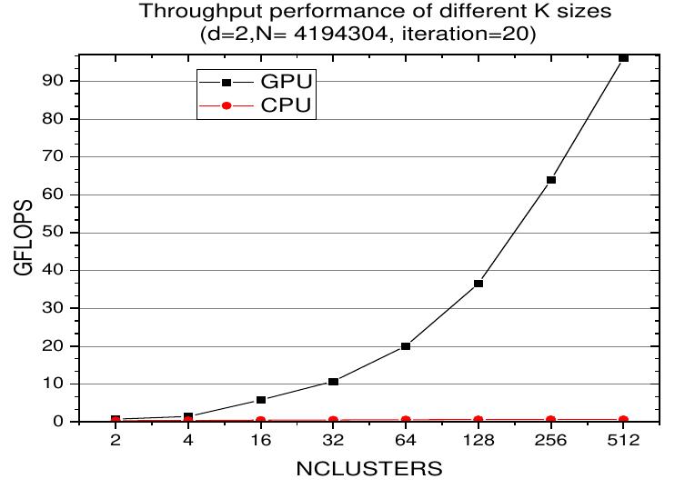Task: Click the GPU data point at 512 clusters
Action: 623,57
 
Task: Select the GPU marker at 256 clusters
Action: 550,180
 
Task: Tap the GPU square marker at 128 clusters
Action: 478,284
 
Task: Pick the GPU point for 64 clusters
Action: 406,346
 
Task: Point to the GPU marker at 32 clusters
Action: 334,382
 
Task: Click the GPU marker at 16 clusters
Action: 261,400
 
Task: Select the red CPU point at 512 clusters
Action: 623,420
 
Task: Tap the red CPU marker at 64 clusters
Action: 406,420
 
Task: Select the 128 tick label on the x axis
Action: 478,443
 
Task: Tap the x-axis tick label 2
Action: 116,443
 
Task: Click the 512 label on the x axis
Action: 623,443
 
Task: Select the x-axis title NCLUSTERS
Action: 369,471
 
